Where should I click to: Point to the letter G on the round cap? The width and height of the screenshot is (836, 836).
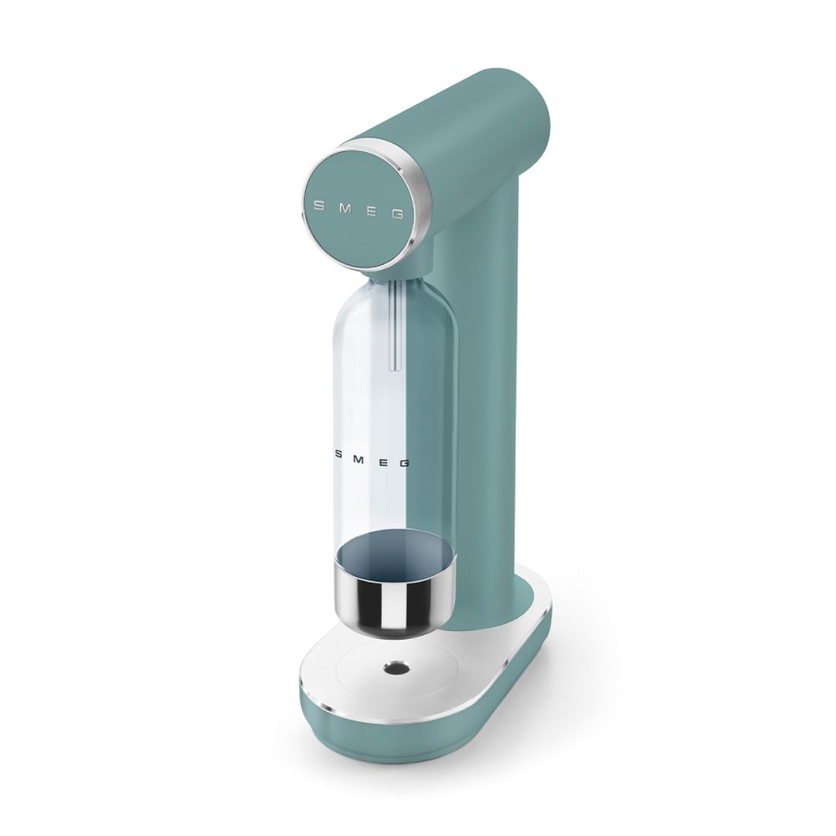(x=397, y=214)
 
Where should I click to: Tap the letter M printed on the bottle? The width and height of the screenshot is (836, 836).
(x=359, y=458)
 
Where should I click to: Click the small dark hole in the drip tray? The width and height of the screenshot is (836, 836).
(x=395, y=666)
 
